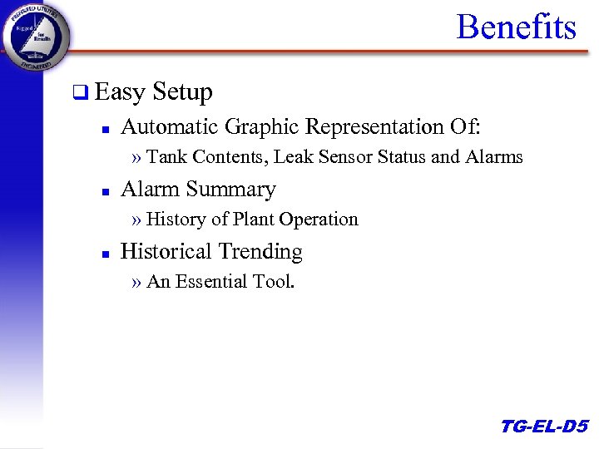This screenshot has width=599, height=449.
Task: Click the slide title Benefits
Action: click(x=516, y=27)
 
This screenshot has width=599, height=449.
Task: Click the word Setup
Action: click(x=183, y=92)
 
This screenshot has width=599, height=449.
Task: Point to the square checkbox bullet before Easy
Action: click(x=79, y=93)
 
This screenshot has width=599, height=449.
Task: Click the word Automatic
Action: click(x=168, y=126)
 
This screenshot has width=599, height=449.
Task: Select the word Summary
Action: click(x=236, y=190)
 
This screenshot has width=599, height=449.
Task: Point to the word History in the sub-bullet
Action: click(x=176, y=220)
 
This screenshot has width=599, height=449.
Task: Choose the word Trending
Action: click(x=260, y=252)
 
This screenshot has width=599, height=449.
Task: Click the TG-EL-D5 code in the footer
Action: click(x=543, y=427)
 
